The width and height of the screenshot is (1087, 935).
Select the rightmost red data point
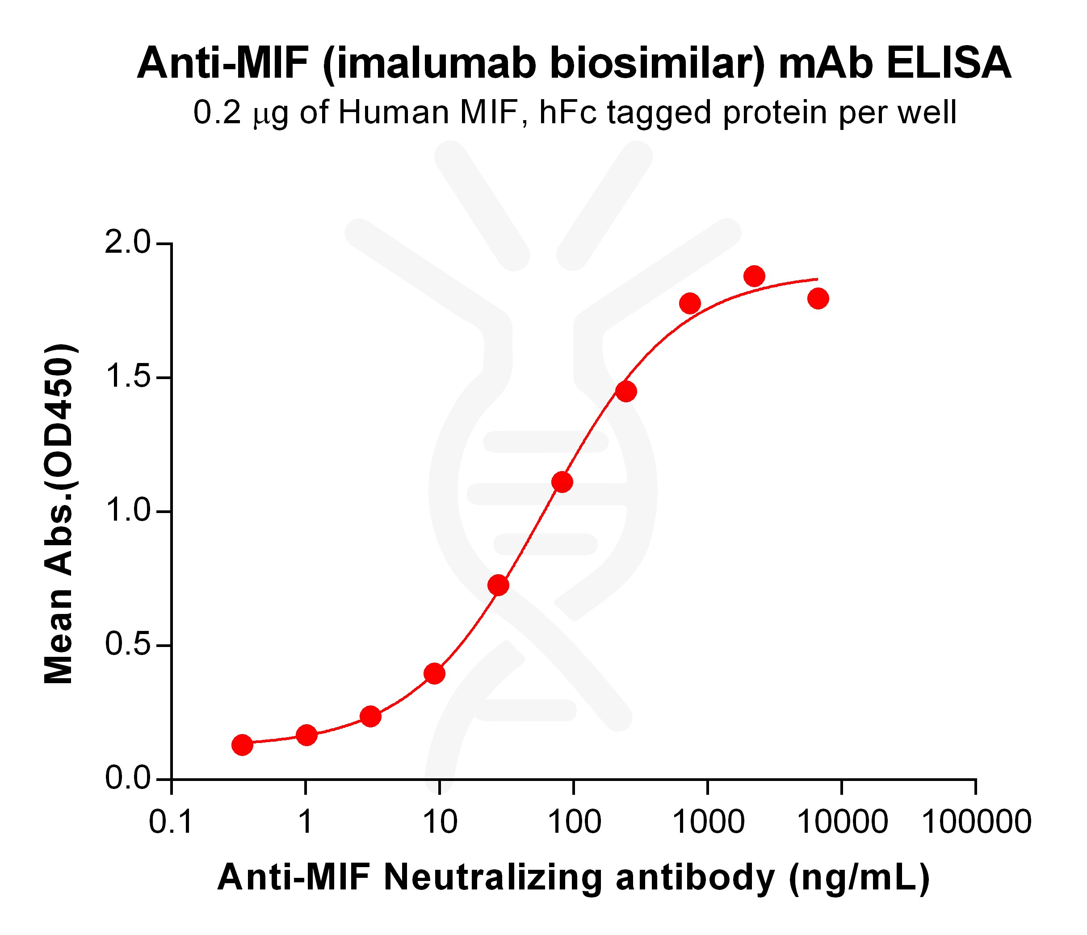[818, 299]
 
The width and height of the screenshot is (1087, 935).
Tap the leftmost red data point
[242, 744]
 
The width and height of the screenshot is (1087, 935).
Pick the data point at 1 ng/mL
[306, 735]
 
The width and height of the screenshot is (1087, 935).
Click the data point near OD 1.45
[626, 391]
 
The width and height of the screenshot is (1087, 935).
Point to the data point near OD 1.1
[562, 482]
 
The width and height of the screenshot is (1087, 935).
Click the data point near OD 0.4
[434, 673]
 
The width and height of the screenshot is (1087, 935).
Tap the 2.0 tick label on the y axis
[127, 244]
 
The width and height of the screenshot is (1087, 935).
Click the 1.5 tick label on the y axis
[127, 378]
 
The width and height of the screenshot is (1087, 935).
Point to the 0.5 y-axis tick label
[127, 645]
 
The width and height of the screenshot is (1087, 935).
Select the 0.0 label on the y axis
[127, 779]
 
